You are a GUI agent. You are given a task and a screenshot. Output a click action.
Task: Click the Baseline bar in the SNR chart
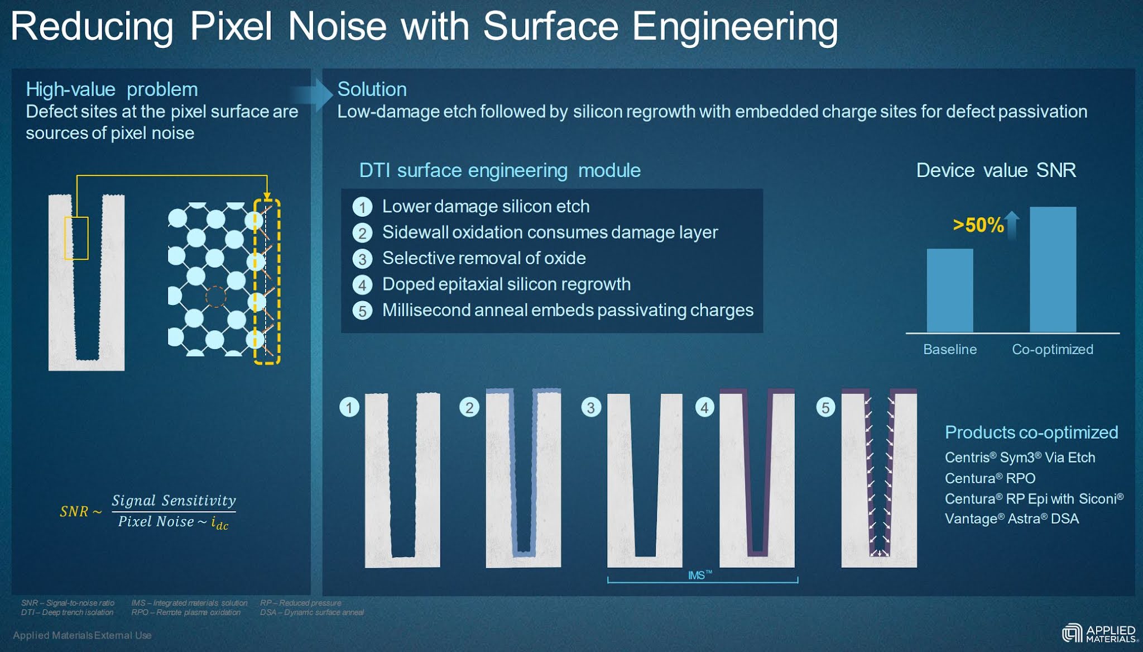coord(949,291)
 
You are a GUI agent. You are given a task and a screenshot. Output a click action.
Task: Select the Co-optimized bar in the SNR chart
coord(1053,270)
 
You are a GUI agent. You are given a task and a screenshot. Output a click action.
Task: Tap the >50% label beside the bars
coord(978,225)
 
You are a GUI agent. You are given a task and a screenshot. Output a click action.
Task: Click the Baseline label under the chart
coord(949,349)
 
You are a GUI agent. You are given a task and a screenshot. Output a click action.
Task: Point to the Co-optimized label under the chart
coord(1052,349)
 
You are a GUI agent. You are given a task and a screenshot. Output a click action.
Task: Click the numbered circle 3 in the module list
coord(362,259)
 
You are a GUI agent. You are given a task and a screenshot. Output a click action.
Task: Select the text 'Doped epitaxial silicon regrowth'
coord(506,284)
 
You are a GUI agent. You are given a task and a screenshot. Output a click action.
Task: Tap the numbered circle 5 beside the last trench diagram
coord(825,407)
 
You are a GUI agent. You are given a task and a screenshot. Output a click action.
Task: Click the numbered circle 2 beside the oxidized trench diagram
coord(469,407)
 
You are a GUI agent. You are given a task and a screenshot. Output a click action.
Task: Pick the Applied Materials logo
coord(1099,634)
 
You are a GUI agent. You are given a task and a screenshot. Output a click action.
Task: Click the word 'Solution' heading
coord(372,89)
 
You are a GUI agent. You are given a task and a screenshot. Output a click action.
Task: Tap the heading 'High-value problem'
coord(112,89)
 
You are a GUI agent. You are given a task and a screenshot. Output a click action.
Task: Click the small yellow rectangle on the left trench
coord(76,238)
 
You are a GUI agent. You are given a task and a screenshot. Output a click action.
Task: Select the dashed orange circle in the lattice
coord(215,297)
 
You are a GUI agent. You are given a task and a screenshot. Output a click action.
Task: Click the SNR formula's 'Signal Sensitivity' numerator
coord(174,500)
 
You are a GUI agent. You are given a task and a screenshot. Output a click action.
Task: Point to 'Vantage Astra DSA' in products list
coord(1011,519)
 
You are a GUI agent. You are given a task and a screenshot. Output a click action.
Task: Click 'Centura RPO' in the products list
coord(990,478)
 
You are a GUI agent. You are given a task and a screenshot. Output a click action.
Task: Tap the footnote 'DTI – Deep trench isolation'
coord(67,612)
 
